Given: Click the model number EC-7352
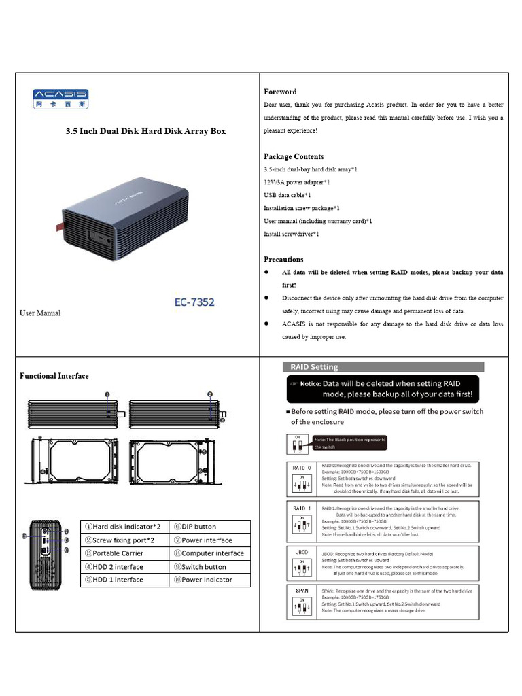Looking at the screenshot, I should [191, 302].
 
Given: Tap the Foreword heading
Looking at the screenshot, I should [280, 92].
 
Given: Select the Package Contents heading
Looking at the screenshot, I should [294, 156].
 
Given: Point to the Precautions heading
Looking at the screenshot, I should [283, 259].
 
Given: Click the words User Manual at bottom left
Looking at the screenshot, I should [40, 313].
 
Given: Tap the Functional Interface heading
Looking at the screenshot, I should [54, 376].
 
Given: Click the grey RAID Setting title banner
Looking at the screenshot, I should [384, 367].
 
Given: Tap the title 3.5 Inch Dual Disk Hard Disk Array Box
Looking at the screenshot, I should [145, 131].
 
